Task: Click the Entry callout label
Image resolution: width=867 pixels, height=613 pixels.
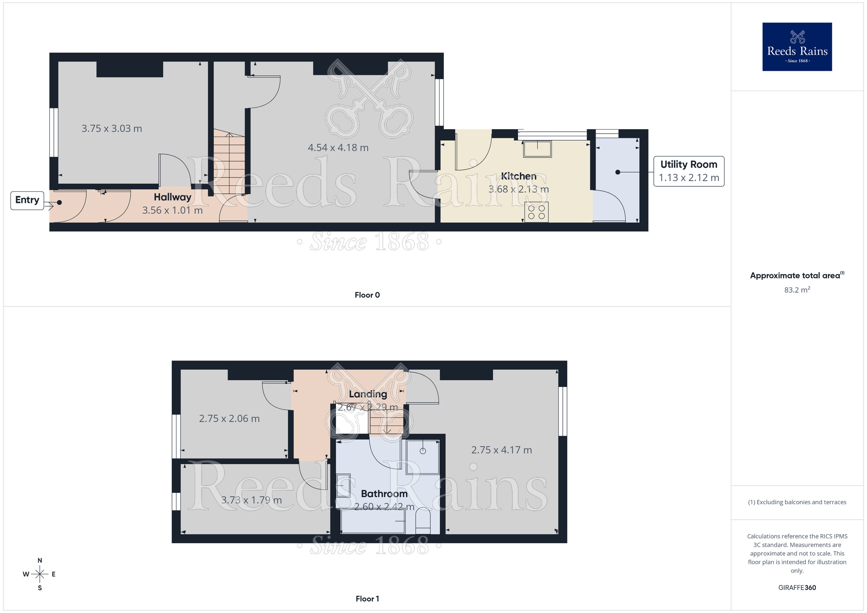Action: coord(27,200)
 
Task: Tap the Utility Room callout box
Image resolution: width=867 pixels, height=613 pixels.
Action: coord(688,171)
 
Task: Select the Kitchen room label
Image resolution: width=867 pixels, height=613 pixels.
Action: coord(518,176)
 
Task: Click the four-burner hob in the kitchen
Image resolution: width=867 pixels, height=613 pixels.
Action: coord(536,212)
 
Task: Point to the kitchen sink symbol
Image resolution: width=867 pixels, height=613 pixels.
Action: coord(537,149)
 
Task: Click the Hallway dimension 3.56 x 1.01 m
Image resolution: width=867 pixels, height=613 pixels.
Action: coord(172,210)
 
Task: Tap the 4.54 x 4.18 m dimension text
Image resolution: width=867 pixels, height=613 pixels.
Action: coord(338,148)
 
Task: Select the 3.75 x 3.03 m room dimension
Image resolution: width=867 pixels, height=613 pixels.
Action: coord(111,129)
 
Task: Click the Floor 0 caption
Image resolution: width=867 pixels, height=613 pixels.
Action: coord(367,295)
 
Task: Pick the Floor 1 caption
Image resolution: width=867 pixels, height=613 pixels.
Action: coord(367,599)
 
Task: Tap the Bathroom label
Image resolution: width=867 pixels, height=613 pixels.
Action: coord(384,494)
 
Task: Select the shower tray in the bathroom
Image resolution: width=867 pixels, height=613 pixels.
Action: coord(423,457)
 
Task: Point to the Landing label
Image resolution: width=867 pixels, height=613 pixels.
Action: coord(368,394)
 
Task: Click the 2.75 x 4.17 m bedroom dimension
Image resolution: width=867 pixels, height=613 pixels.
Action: coord(501,450)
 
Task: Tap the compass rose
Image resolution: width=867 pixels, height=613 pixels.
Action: coord(39,574)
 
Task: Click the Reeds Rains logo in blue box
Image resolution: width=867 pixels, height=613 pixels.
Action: coord(797,47)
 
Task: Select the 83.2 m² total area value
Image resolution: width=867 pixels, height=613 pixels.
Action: coord(797,290)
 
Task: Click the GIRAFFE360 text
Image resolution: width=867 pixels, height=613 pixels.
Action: coord(797,588)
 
